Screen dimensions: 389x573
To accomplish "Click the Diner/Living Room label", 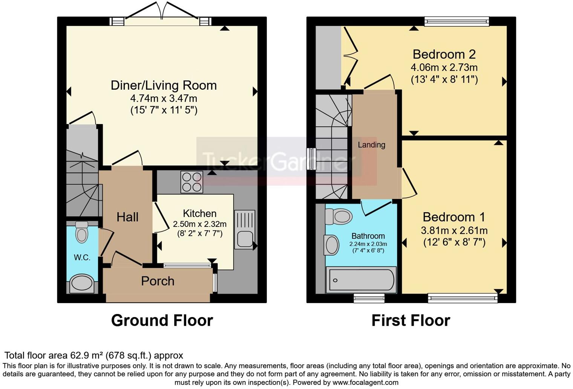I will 164,85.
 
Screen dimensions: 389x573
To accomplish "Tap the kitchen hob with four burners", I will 192,182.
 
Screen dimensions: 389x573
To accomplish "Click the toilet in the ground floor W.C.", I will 82,232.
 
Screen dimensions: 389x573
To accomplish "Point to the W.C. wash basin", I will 82,283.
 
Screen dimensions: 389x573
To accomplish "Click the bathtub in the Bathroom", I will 361,280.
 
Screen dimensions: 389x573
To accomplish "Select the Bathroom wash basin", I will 332,245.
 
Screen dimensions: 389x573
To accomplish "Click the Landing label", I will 371,145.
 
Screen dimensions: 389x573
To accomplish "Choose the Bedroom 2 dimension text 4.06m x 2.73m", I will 444,67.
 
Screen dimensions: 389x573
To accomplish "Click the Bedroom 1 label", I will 454,217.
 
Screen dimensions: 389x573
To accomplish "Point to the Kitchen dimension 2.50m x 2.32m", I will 199,224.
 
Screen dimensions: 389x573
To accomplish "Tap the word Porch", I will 158,281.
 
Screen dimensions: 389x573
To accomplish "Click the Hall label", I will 127,217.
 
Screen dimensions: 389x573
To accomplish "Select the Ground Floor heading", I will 162,320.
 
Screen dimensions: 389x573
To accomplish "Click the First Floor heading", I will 411,320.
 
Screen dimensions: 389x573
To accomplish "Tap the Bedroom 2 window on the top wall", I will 457,21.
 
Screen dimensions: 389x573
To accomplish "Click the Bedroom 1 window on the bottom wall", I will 463,299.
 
